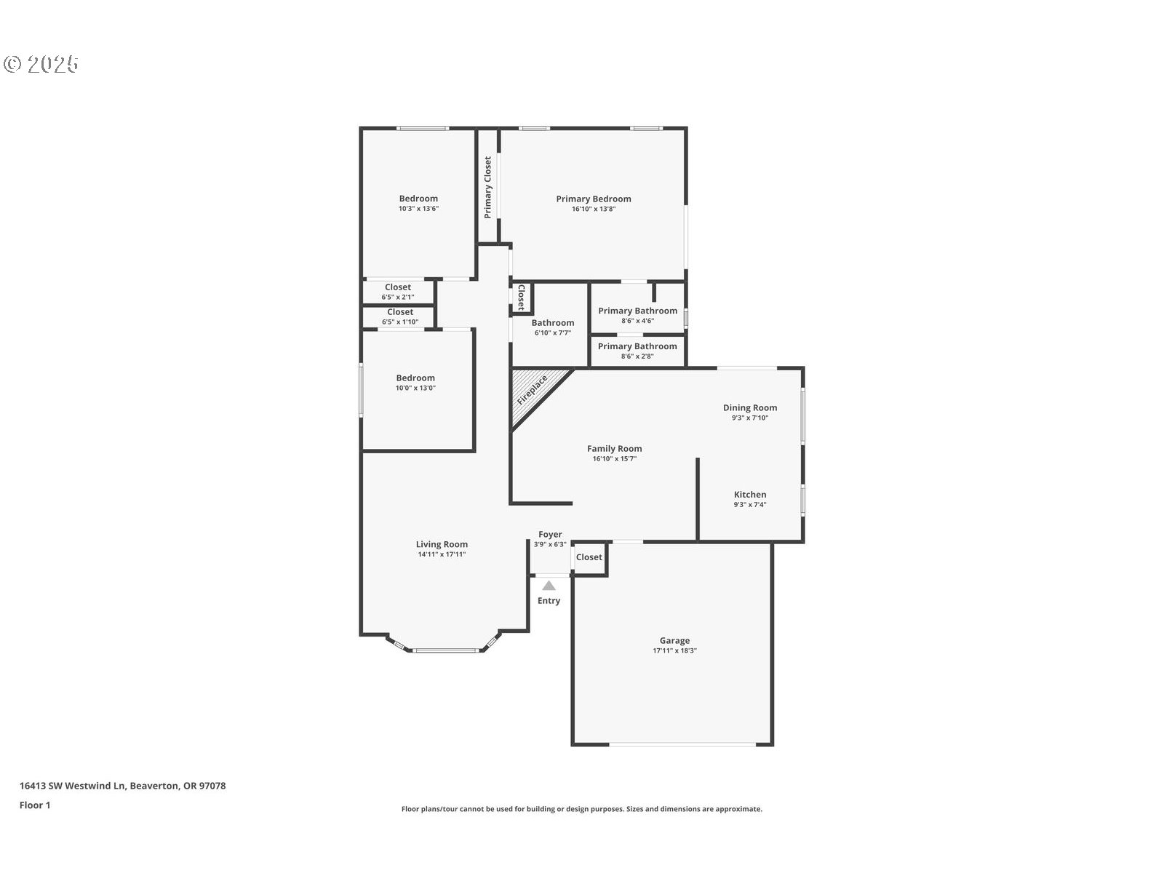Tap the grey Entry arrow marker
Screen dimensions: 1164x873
[549, 586]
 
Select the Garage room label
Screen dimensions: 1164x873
[674, 640]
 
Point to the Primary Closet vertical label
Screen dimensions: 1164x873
[487, 187]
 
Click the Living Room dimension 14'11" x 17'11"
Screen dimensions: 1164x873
[442, 554]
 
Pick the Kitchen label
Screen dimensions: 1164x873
[750, 495]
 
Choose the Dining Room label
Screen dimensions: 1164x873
[750, 407]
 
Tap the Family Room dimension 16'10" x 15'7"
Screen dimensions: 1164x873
[615, 458]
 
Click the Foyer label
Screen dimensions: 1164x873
[550, 534]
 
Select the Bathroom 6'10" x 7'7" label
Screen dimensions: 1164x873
[553, 327]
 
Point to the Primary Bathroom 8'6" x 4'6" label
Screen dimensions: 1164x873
[637, 315]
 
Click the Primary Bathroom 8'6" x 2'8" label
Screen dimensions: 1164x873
[637, 351]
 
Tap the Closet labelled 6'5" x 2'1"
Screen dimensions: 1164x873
[398, 292]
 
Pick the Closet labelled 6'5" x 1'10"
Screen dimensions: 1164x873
[400, 316]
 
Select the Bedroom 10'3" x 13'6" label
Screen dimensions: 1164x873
[418, 203]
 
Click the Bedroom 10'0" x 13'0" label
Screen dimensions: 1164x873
[415, 382]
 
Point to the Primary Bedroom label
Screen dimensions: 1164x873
[594, 199]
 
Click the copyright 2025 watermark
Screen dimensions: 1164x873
[41, 64]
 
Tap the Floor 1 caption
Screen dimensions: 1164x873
[35, 805]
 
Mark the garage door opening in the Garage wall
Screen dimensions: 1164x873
[682, 745]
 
